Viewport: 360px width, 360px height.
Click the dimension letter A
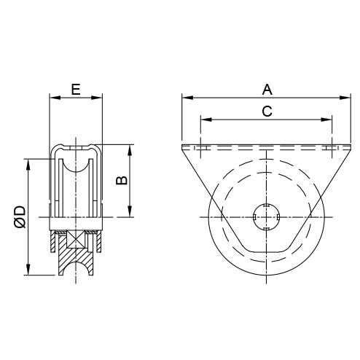[x=267, y=90]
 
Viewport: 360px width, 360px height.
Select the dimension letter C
[x=267, y=111]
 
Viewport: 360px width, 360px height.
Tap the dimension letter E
[x=76, y=90]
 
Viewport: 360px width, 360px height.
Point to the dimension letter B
[x=122, y=180]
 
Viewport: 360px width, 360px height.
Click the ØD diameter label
[x=20, y=217]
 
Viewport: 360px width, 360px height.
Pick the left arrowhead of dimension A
[x=187, y=98]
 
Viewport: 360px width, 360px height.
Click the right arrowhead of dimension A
[x=345, y=98]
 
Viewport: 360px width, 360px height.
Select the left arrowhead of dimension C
[x=206, y=120]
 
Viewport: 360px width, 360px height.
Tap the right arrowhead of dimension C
[x=326, y=120]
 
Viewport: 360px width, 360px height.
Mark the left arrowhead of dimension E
[x=55, y=98]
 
